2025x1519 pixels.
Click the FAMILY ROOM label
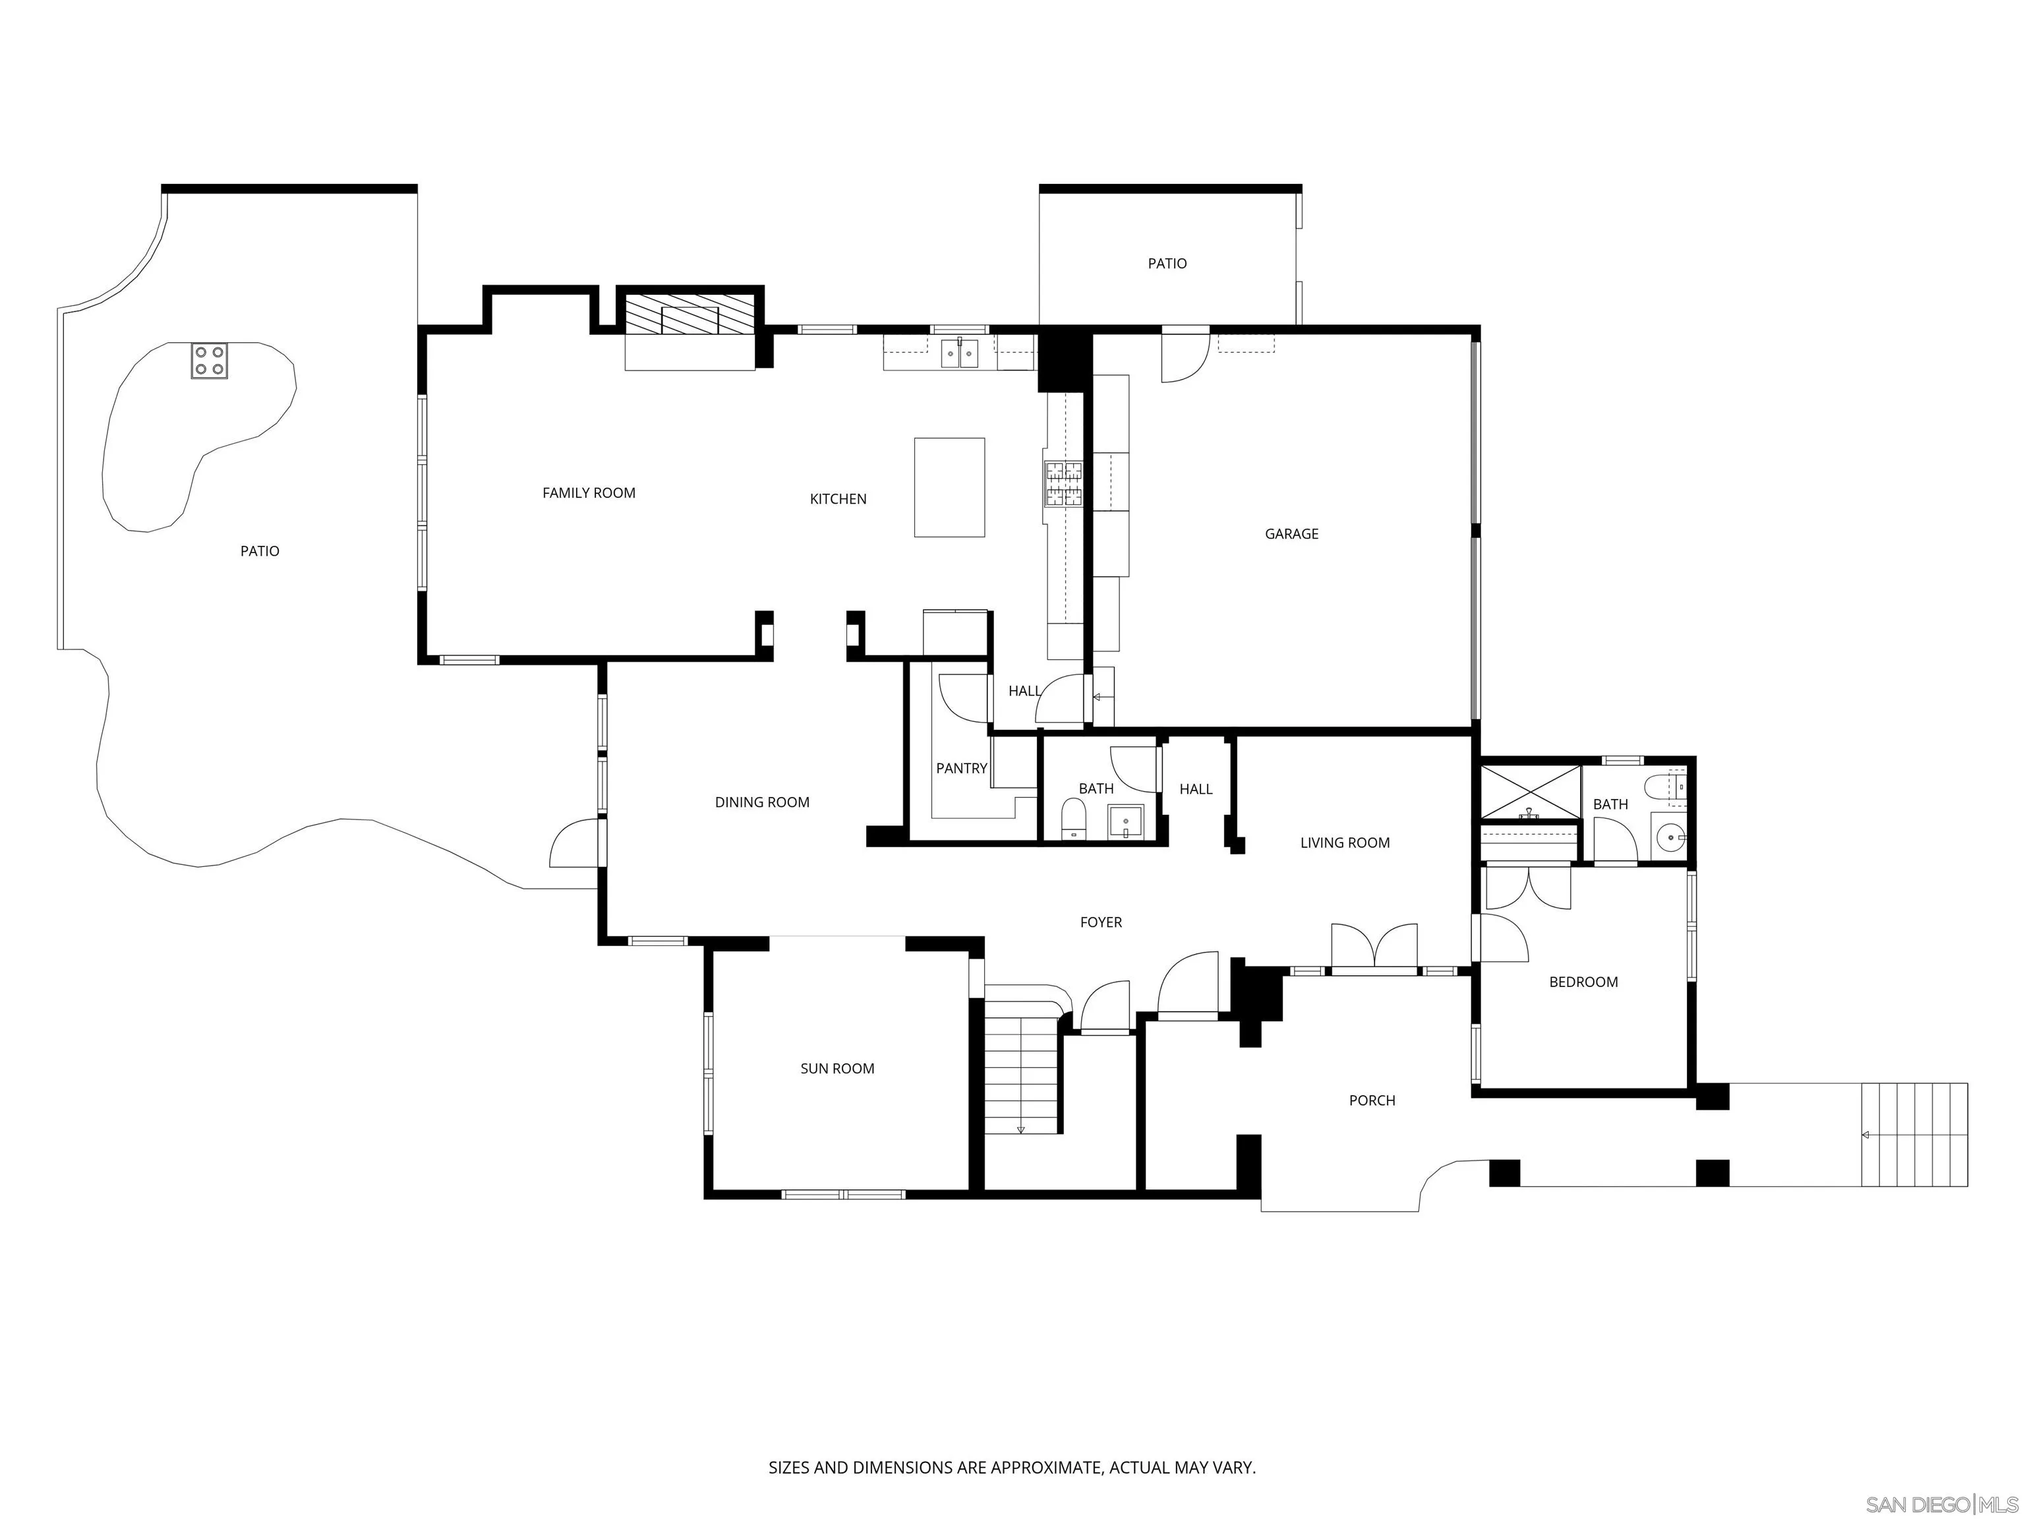(589, 492)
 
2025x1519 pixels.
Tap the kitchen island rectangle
(949, 487)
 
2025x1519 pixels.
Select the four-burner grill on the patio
(209, 360)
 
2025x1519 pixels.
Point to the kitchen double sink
(959, 353)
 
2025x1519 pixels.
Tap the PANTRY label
(961, 768)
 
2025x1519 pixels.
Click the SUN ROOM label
(836, 1069)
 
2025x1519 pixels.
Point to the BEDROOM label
(1583, 982)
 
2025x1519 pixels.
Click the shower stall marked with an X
(1530, 792)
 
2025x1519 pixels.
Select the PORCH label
(1371, 1100)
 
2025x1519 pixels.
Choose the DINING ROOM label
(761, 802)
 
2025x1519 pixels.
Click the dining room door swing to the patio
(575, 844)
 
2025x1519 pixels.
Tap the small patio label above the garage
(1167, 264)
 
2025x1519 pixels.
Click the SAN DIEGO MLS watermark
(1941, 1504)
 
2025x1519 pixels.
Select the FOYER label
(1100, 922)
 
